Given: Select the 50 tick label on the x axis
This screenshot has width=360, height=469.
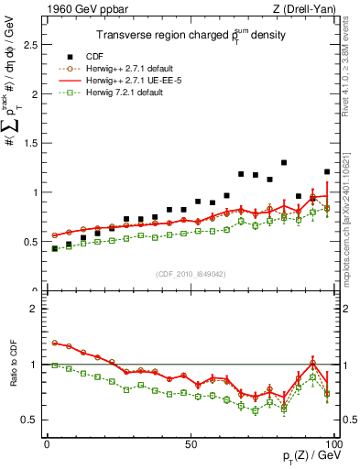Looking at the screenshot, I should tap(190, 444).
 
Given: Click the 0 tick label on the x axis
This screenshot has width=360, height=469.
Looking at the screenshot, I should tap(48, 444).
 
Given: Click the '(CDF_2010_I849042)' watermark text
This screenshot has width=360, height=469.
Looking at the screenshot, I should tap(190, 275).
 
